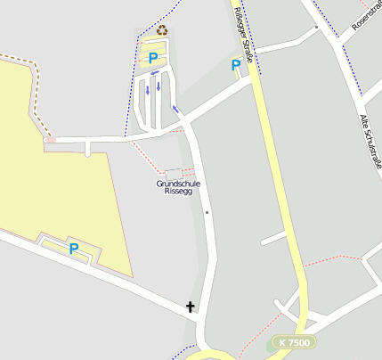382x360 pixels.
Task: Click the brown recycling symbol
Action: pyautogui.click(x=162, y=30)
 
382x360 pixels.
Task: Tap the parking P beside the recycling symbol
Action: pyautogui.click(x=153, y=58)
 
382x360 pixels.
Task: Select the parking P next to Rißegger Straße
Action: pyautogui.click(x=235, y=65)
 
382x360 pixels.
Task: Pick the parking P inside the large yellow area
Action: pyautogui.click(x=74, y=250)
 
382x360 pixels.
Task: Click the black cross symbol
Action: pyautogui.click(x=190, y=307)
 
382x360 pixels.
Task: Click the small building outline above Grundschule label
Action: pyautogui.click(x=174, y=173)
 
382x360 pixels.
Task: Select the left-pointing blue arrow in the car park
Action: pyautogui.click(x=156, y=73)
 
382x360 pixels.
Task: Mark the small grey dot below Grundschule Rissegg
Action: pyautogui.click(x=207, y=213)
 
